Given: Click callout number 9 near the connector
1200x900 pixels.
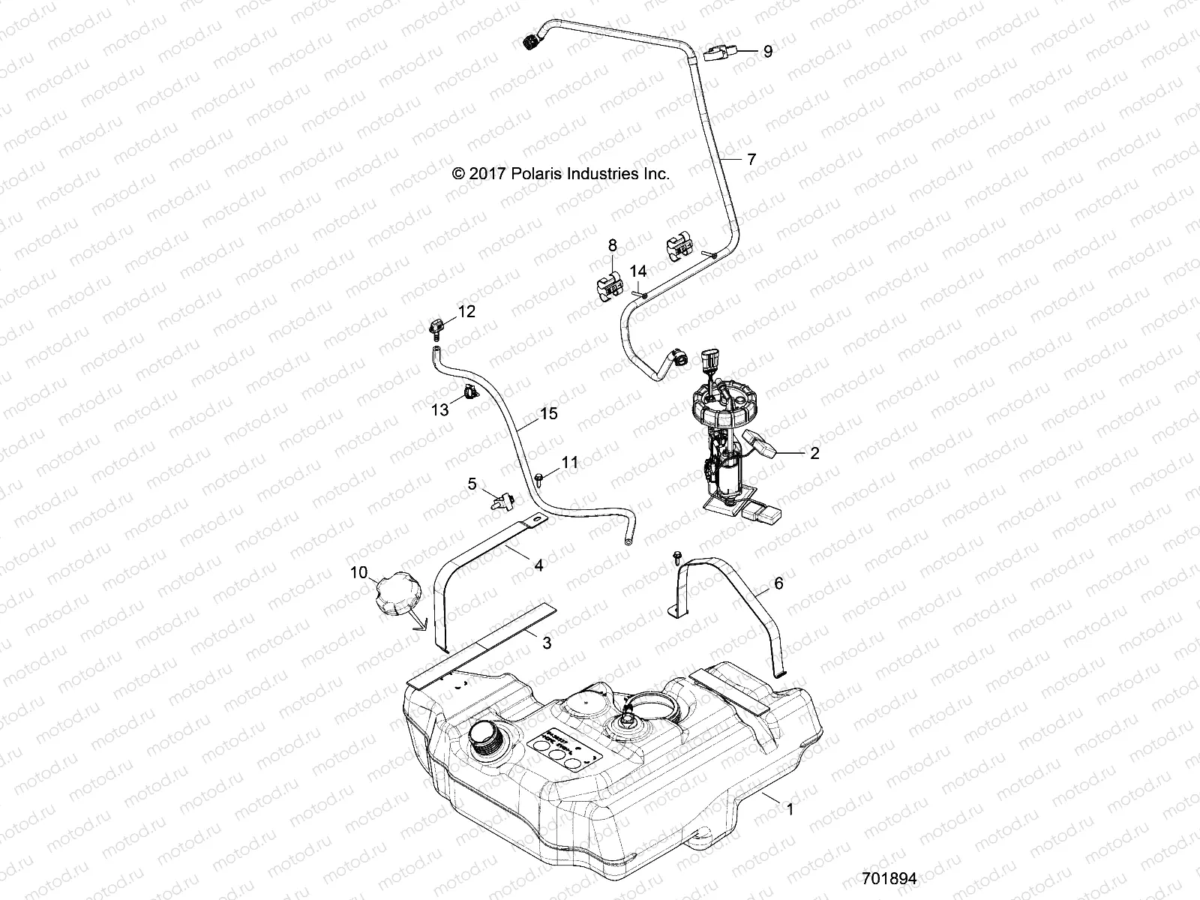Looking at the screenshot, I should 767,51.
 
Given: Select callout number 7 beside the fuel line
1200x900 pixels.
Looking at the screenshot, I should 751,159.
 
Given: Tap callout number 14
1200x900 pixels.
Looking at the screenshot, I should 637,271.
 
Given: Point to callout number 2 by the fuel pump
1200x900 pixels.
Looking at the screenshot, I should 814,452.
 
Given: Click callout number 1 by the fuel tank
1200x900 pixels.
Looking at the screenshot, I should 788,808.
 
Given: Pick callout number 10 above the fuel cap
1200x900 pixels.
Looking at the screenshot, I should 358,572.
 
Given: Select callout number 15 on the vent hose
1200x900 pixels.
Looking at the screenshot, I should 549,413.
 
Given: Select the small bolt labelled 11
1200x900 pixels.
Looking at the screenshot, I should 540,475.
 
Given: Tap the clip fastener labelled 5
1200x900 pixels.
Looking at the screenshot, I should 499,499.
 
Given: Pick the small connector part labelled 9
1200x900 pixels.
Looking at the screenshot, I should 721,52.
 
